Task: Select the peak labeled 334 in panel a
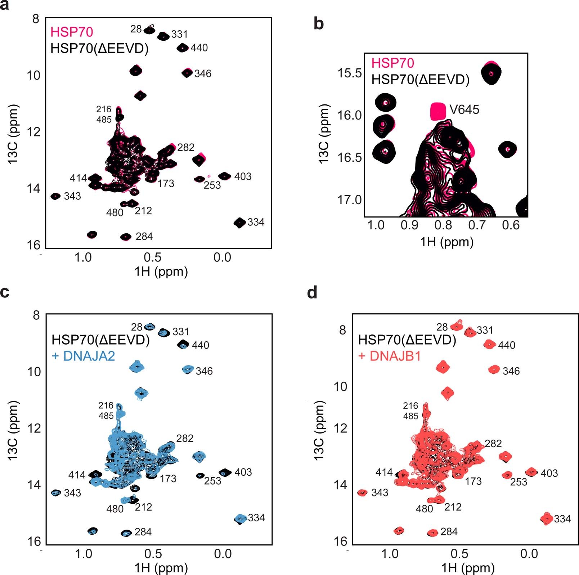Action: coord(239,223)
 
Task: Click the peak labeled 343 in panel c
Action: coord(55,493)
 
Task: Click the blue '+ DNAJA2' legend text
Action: coord(84,356)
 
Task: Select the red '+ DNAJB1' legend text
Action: coord(390,356)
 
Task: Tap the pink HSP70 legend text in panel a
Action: coord(72,32)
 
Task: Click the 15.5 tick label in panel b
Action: coord(349,73)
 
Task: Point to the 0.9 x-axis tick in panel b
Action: coord(409,225)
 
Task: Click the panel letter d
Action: coord(312,292)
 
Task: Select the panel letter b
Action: coord(319,24)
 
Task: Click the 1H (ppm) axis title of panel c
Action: coord(161,568)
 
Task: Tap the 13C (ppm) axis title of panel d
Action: coord(319,430)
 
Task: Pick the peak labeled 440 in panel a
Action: coord(183,48)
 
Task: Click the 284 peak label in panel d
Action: coord(449,531)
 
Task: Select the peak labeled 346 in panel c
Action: coord(188,369)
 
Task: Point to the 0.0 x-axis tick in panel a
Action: coord(222,257)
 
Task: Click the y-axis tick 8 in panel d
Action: coord(342,330)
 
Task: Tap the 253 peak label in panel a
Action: coord(212,185)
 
